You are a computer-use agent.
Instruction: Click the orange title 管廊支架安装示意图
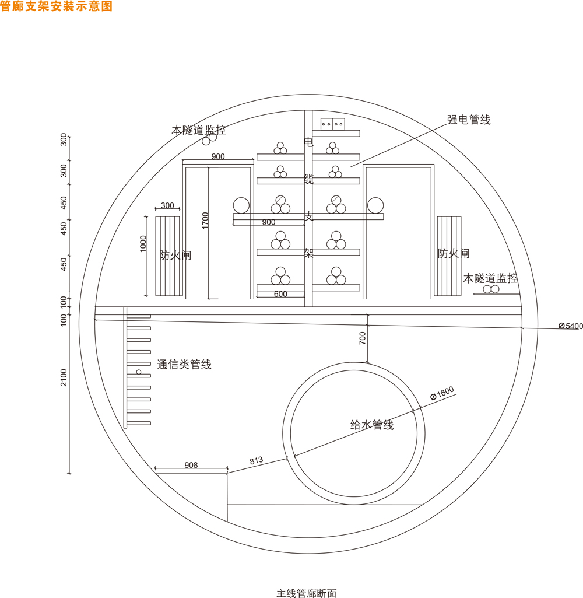pyautogui.click(x=56, y=6)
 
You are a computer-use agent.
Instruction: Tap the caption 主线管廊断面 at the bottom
pyautogui.click(x=306, y=593)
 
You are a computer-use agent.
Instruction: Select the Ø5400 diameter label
pyautogui.click(x=570, y=326)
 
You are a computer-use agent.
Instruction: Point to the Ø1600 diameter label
pyautogui.click(x=442, y=394)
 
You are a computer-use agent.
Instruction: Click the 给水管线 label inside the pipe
pyautogui.click(x=372, y=425)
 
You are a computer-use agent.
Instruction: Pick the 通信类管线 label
pyautogui.click(x=184, y=365)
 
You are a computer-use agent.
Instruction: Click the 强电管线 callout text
pyautogui.click(x=469, y=120)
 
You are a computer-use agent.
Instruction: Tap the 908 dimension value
pyautogui.click(x=191, y=465)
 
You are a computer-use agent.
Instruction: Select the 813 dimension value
pyautogui.click(x=257, y=460)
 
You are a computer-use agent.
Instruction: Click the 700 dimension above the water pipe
pyautogui.click(x=363, y=338)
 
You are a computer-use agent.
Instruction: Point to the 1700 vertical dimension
pyautogui.click(x=205, y=221)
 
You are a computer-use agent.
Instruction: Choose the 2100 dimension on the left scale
pyautogui.click(x=64, y=377)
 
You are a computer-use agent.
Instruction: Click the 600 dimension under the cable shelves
pyautogui.click(x=280, y=295)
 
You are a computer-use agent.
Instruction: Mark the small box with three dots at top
pyautogui.click(x=332, y=124)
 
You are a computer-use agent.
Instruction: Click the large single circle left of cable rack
pyautogui.click(x=241, y=205)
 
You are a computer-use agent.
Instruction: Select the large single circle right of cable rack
pyautogui.click(x=375, y=205)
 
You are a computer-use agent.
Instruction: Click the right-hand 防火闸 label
pyautogui.click(x=454, y=253)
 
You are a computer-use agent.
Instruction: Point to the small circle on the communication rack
pyautogui.click(x=139, y=372)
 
